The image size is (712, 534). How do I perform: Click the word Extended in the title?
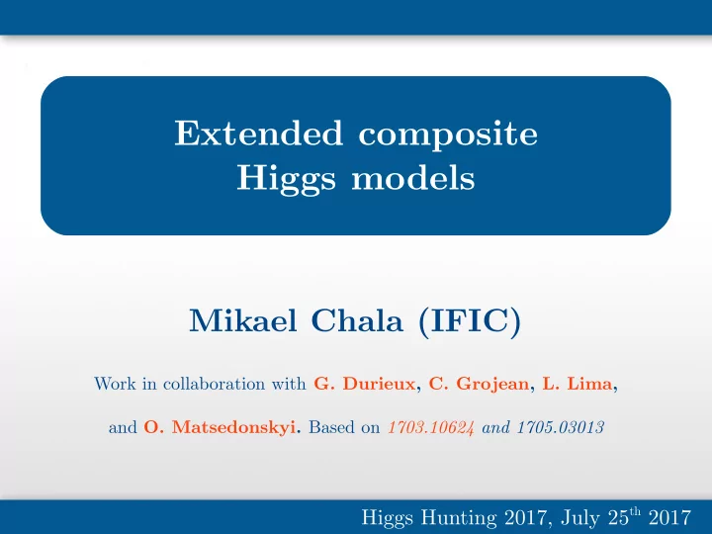[259, 133]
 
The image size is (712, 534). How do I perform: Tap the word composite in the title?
[448, 135]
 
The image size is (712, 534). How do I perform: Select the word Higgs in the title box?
[287, 179]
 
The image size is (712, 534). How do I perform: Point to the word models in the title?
[413, 177]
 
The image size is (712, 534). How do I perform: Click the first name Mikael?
[243, 320]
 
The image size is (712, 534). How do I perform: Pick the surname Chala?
[357, 320]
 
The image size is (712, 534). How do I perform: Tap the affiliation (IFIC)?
[469, 321]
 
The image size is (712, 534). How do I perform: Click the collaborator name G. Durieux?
[365, 384]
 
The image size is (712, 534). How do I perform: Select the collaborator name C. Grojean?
[479, 385]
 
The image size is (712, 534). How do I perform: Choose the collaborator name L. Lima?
[578, 384]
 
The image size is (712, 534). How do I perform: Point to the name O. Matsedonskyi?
[220, 428]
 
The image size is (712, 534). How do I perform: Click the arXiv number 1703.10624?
[431, 428]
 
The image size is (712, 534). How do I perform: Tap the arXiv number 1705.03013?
[561, 428]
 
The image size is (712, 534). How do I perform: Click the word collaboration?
[214, 384]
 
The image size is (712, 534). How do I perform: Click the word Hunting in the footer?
[459, 518]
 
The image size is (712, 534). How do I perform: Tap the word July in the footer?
[579, 518]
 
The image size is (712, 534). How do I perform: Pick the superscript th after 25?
[635, 512]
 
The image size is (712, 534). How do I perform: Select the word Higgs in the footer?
[388, 518]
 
